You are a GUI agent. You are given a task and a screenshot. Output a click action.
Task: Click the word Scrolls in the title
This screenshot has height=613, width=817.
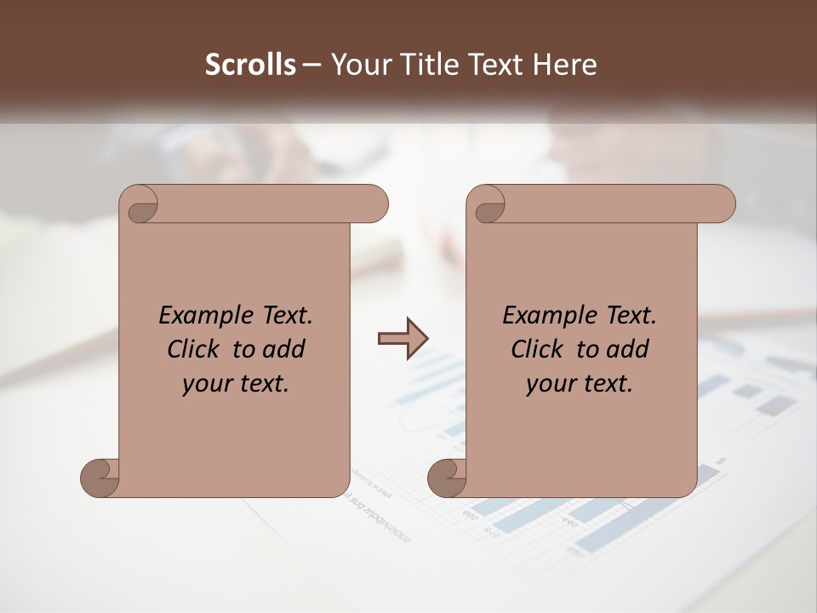251,65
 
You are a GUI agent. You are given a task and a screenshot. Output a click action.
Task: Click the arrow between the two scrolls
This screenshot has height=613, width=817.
403,339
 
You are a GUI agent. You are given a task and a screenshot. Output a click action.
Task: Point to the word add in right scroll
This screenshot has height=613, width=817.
626,350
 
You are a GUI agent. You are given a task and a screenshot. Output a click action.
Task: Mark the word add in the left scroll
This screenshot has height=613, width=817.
283,350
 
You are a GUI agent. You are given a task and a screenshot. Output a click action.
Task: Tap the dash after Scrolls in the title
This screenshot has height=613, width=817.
312,65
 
